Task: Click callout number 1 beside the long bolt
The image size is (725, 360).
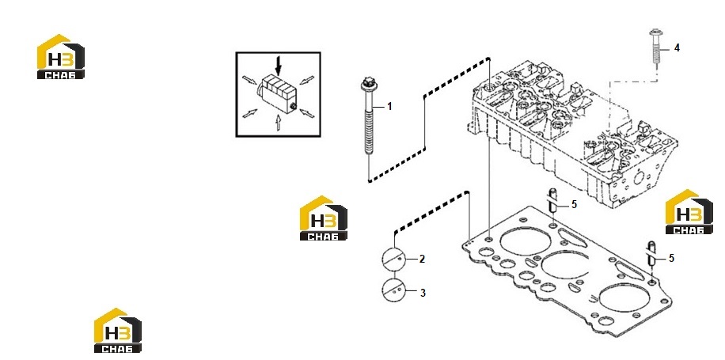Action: pyautogui.click(x=389, y=107)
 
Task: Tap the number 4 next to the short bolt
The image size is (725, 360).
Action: pyautogui.click(x=677, y=48)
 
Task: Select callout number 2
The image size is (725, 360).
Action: pyautogui.click(x=422, y=260)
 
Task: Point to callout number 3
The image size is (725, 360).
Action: pyautogui.click(x=423, y=293)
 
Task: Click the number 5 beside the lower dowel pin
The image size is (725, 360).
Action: pyautogui.click(x=671, y=259)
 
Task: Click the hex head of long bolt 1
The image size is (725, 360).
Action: pyautogui.click(x=366, y=84)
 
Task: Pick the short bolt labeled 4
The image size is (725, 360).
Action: pyautogui.click(x=656, y=48)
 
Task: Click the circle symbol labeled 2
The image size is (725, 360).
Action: pyautogui.click(x=393, y=260)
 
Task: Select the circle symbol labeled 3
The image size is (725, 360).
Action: pyautogui.click(x=393, y=290)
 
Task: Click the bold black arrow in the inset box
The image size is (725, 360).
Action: pyautogui.click(x=278, y=66)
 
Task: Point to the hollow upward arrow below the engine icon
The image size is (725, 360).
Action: pyautogui.click(x=278, y=123)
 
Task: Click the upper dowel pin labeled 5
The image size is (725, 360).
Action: pyautogui.click(x=552, y=201)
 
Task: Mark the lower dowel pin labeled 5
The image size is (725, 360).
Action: pyautogui.click(x=651, y=254)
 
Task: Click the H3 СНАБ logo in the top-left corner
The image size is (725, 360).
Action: pyautogui.click(x=61, y=56)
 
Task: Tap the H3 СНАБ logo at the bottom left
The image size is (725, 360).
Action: pyautogui.click(x=118, y=331)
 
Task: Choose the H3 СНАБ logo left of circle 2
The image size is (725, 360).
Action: pyautogui.click(x=324, y=218)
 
